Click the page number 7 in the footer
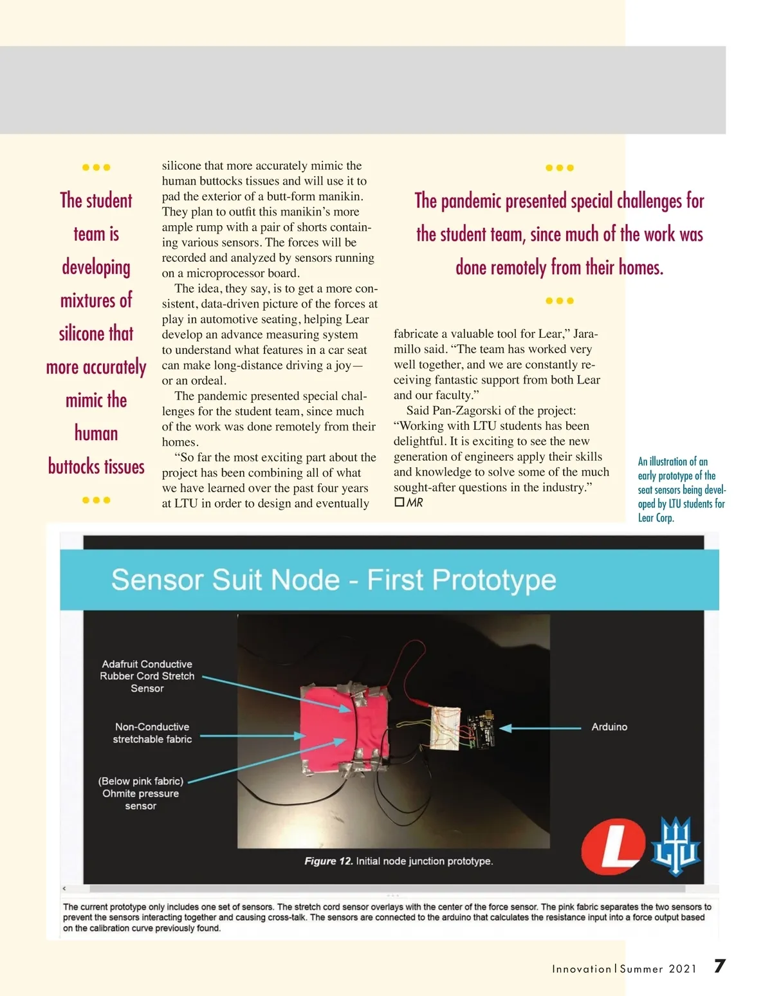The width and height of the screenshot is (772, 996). (x=720, y=966)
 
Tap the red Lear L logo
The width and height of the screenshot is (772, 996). (x=613, y=847)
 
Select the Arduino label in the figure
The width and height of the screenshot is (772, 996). (x=609, y=727)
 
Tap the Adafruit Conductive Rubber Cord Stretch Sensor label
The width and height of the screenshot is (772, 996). (x=147, y=676)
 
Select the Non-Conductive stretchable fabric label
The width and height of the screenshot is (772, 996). (x=152, y=733)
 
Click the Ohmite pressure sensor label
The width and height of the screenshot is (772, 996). (x=141, y=793)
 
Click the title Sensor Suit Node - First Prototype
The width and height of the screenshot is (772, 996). (x=333, y=580)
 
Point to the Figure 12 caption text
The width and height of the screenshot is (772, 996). (x=399, y=861)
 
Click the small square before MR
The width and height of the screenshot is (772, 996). (x=399, y=502)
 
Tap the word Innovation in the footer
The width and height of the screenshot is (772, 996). (x=582, y=969)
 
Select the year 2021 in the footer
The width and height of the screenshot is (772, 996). (x=683, y=969)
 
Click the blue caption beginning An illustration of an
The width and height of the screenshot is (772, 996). (x=681, y=489)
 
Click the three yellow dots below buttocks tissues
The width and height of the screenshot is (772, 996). (x=96, y=500)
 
